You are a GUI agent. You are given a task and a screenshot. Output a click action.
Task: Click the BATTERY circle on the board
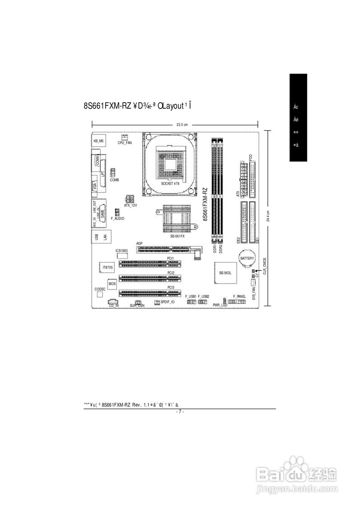click(246, 258)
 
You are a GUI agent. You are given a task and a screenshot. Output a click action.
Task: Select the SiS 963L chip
click(225, 273)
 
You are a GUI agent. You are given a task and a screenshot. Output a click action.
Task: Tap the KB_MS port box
click(99, 141)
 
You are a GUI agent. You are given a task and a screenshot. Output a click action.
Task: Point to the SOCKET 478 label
click(170, 184)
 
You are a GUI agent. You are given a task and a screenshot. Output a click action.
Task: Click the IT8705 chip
click(108, 268)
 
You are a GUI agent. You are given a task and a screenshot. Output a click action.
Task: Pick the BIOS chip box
click(112, 284)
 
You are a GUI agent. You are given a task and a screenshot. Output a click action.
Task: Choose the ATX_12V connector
click(130, 198)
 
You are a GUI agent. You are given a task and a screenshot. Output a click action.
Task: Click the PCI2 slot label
click(171, 273)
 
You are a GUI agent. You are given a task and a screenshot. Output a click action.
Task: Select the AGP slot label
click(139, 243)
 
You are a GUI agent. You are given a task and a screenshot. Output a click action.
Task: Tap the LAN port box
click(105, 237)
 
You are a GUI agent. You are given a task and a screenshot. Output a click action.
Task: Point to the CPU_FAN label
click(124, 142)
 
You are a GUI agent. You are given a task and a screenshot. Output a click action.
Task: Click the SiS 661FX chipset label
click(177, 236)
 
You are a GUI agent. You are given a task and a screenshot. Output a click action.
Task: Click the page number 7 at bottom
click(180, 412)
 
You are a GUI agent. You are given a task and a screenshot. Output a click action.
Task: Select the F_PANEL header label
click(239, 296)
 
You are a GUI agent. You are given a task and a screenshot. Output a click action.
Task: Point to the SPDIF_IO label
click(167, 302)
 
